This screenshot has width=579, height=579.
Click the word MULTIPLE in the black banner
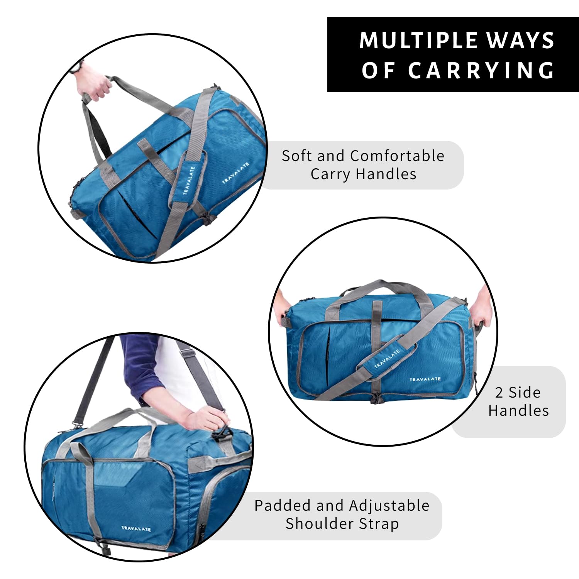coord(419,40)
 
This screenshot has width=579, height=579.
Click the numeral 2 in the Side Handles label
coord(499,393)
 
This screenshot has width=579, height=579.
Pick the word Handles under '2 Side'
coord(518,410)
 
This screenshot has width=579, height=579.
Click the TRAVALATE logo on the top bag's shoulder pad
coord(189,180)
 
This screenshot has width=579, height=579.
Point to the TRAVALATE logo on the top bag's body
coord(235,173)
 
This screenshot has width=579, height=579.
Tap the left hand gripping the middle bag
coord(281,305)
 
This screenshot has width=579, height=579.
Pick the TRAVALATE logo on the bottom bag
coord(136,528)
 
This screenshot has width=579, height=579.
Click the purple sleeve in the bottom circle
coord(143,367)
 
